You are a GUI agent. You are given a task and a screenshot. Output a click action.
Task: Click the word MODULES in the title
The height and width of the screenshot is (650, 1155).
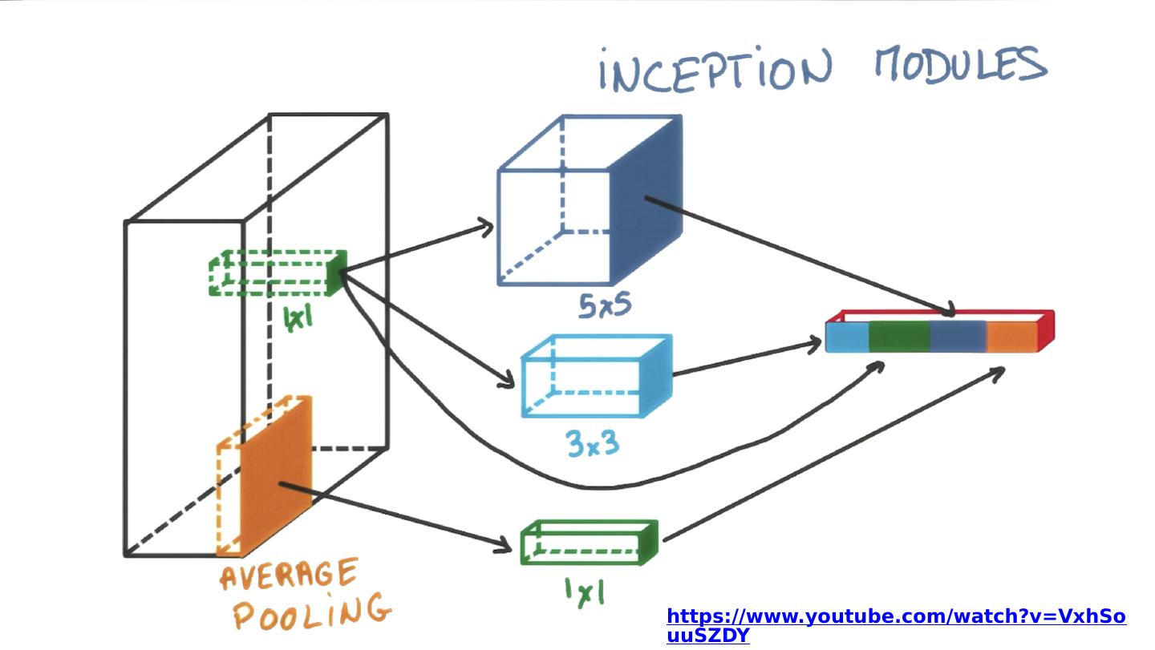960,64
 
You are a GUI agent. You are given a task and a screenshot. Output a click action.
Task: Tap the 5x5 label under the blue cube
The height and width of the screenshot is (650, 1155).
605,305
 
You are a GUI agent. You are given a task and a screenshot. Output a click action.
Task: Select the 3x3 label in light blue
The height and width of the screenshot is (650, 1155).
594,442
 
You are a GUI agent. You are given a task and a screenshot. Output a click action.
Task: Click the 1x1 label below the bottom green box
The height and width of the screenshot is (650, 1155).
584,591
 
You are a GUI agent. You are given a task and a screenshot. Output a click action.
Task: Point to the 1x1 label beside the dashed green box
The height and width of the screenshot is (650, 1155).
298,319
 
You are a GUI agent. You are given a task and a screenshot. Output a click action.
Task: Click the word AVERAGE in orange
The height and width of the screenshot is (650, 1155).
289,576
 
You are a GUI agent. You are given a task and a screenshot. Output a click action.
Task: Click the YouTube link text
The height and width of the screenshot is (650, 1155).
896,625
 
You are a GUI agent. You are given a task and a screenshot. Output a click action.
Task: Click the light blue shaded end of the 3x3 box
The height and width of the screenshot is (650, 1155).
655,376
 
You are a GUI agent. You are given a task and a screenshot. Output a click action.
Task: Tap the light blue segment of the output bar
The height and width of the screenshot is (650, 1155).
848,337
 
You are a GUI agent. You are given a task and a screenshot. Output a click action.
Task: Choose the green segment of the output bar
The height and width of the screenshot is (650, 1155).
898,337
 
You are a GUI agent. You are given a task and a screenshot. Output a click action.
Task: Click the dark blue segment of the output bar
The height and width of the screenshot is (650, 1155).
958,337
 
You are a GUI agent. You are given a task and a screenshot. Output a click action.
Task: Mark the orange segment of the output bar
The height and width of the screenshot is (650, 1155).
1011,337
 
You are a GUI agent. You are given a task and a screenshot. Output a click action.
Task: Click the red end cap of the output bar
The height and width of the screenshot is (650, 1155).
1045,330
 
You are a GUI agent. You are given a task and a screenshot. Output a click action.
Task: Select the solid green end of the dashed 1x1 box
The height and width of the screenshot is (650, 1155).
338,273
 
